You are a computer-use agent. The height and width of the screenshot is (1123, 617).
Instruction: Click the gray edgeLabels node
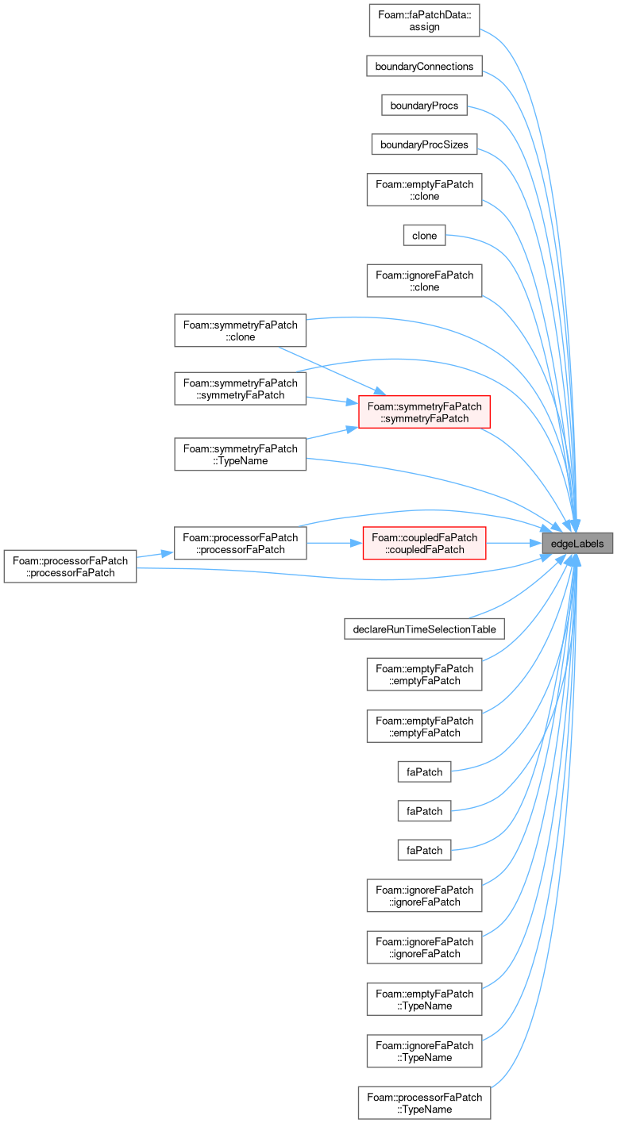tap(577, 544)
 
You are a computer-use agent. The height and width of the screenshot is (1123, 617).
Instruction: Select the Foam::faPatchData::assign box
tap(424, 21)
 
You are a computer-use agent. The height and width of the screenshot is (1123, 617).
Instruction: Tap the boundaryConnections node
tap(424, 66)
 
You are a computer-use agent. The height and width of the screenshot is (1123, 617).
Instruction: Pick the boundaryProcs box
tap(424, 106)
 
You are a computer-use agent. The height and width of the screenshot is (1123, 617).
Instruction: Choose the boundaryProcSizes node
tap(424, 144)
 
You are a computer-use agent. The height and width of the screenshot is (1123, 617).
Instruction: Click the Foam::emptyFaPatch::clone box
tap(424, 190)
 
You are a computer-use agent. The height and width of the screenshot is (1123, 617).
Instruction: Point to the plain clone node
tap(424, 236)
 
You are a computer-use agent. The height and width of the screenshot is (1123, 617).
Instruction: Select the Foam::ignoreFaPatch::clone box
tap(424, 281)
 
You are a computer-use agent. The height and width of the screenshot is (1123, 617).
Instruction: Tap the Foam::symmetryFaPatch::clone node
tap(241, 330)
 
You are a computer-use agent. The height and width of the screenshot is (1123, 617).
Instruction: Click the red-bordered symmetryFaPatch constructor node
tap(424, 412)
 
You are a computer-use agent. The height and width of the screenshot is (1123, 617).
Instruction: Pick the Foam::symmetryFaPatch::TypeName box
tap(241, 454)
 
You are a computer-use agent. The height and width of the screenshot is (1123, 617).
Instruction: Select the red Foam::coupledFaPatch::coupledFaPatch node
tap(424, 543)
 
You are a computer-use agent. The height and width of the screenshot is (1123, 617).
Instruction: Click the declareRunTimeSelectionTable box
tap(424, 629)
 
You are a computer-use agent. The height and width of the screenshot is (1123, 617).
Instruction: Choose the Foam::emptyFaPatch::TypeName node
tap(424, 999)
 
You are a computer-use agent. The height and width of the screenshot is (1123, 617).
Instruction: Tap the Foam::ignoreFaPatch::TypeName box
tap(424, 1051)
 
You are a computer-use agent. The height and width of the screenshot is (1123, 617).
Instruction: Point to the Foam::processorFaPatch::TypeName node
tap(424, 1102)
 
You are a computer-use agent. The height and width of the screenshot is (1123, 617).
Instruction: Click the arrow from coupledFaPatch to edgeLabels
tap(514, 543)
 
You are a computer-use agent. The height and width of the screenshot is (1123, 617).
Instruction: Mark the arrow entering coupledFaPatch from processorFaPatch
tap(334, 543)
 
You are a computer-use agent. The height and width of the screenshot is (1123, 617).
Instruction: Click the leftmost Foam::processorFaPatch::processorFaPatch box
tap(70, 567)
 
